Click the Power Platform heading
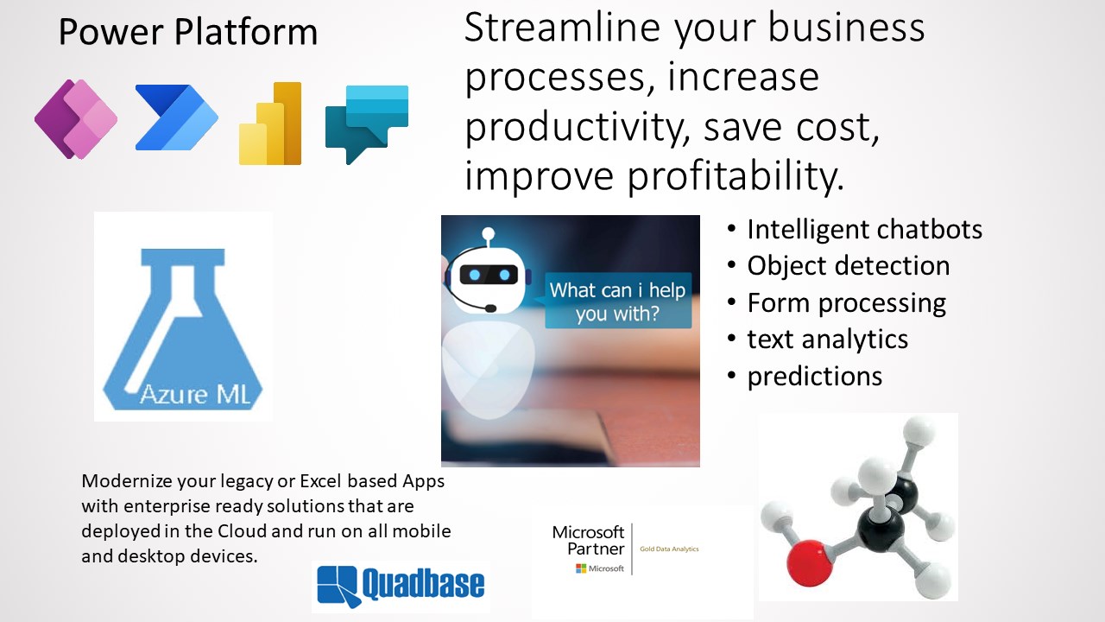188,32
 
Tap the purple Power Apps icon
76,119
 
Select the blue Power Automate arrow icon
177,117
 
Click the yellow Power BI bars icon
270,124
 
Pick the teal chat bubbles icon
367,124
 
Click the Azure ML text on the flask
195,395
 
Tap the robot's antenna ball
489,233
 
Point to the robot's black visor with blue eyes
489,275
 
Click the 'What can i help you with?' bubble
618,301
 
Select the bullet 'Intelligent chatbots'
864,230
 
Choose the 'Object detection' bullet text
849,266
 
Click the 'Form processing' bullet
847,303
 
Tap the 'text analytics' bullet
827,340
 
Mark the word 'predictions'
814,377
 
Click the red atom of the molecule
810,562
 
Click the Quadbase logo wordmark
423,584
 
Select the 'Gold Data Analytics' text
669,549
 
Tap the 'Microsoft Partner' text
588,541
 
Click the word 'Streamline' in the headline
562,28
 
